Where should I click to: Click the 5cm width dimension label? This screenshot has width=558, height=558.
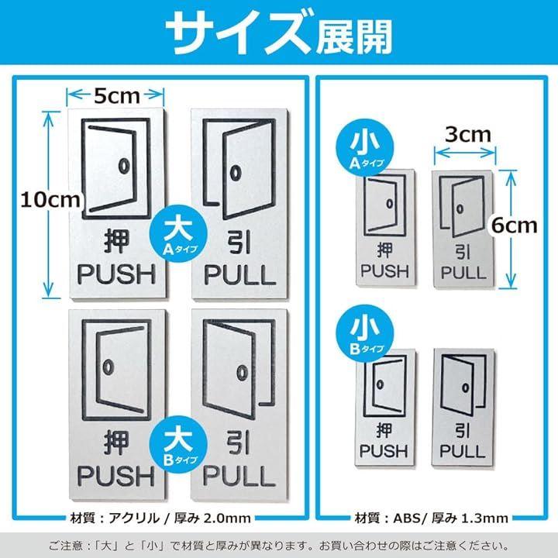click(x=117, y=96)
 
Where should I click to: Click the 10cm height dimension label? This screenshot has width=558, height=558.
click(x=50, y=200)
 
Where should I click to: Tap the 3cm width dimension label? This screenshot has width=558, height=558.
click(x=468, y=135)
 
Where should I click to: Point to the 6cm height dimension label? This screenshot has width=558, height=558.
click(x=515, y=226)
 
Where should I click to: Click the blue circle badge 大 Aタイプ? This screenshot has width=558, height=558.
click(x=179, y=234)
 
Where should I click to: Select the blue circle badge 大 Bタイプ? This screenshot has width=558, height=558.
click(x=179, y=445)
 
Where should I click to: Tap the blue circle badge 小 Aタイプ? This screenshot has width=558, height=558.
click(x=365, y=148)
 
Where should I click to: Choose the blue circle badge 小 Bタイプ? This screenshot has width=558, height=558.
click(x=365, y=333)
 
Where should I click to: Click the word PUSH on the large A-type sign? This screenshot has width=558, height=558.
click(x=117, y=274)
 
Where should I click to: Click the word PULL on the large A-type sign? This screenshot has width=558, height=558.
click(x=239, y=274)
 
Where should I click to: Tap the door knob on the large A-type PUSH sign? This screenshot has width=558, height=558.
click(x=124, y=166)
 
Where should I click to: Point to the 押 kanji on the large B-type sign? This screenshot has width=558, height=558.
click(x=116, y=443)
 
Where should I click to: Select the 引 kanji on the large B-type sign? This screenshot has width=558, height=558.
click(x=239, y=442)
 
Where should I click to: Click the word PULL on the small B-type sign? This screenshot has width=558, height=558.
click(x=462, y=451)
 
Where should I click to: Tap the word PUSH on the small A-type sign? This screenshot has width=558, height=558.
click(x=384, y=271)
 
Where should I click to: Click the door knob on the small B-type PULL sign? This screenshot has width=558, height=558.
click(x=466, y=387)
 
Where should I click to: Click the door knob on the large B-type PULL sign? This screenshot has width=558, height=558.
click(x=243, y=373)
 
